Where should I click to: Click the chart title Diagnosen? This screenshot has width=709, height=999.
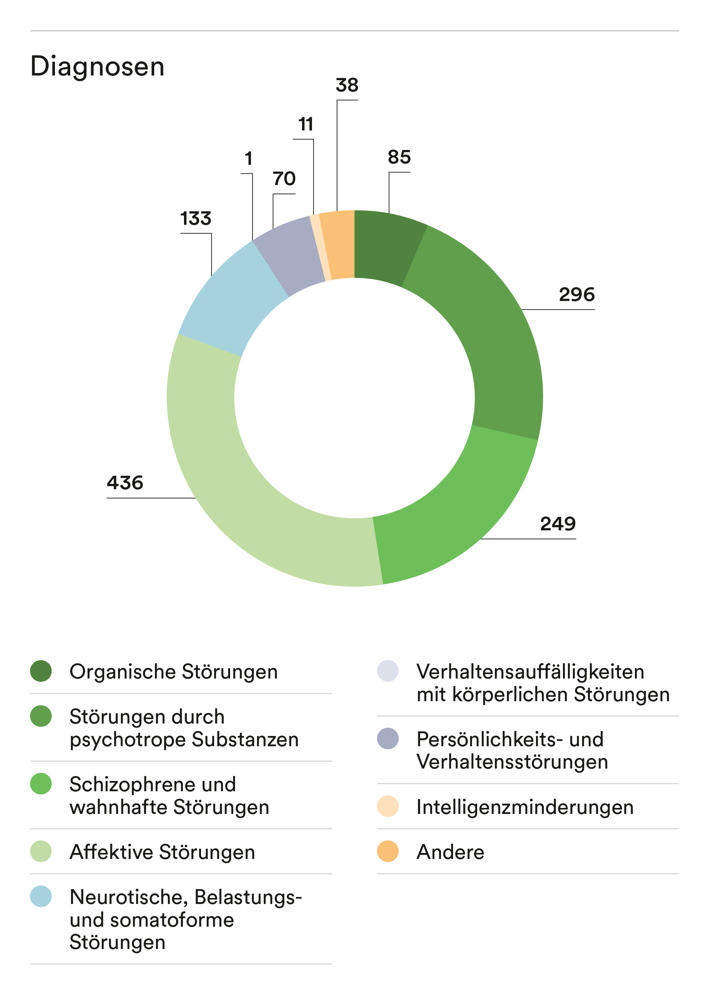click(x=97, y=67)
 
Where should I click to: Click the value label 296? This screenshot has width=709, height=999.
click(x=576, y=295)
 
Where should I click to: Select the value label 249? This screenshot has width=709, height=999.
click(x=558, y=524)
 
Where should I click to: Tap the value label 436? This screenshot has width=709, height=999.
click(x=125, y=483)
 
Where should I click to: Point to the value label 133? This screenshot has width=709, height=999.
click(x=196, y=218)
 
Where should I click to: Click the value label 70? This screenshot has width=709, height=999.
click(x=284, y=179)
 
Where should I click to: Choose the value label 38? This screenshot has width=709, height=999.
click(x=347, y=85)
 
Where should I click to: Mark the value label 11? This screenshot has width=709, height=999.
click(x=306, y=124)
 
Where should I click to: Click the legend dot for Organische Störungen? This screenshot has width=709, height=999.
click(x=41, y=671)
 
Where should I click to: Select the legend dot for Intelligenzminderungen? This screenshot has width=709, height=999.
click(x=388, y=806)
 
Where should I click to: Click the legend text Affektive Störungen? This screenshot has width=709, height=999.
click(x=162, y=852)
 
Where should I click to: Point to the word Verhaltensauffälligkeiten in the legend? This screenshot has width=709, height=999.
click(x=530, y=671)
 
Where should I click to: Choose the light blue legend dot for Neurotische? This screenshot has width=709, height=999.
click(x=41, y=897)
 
